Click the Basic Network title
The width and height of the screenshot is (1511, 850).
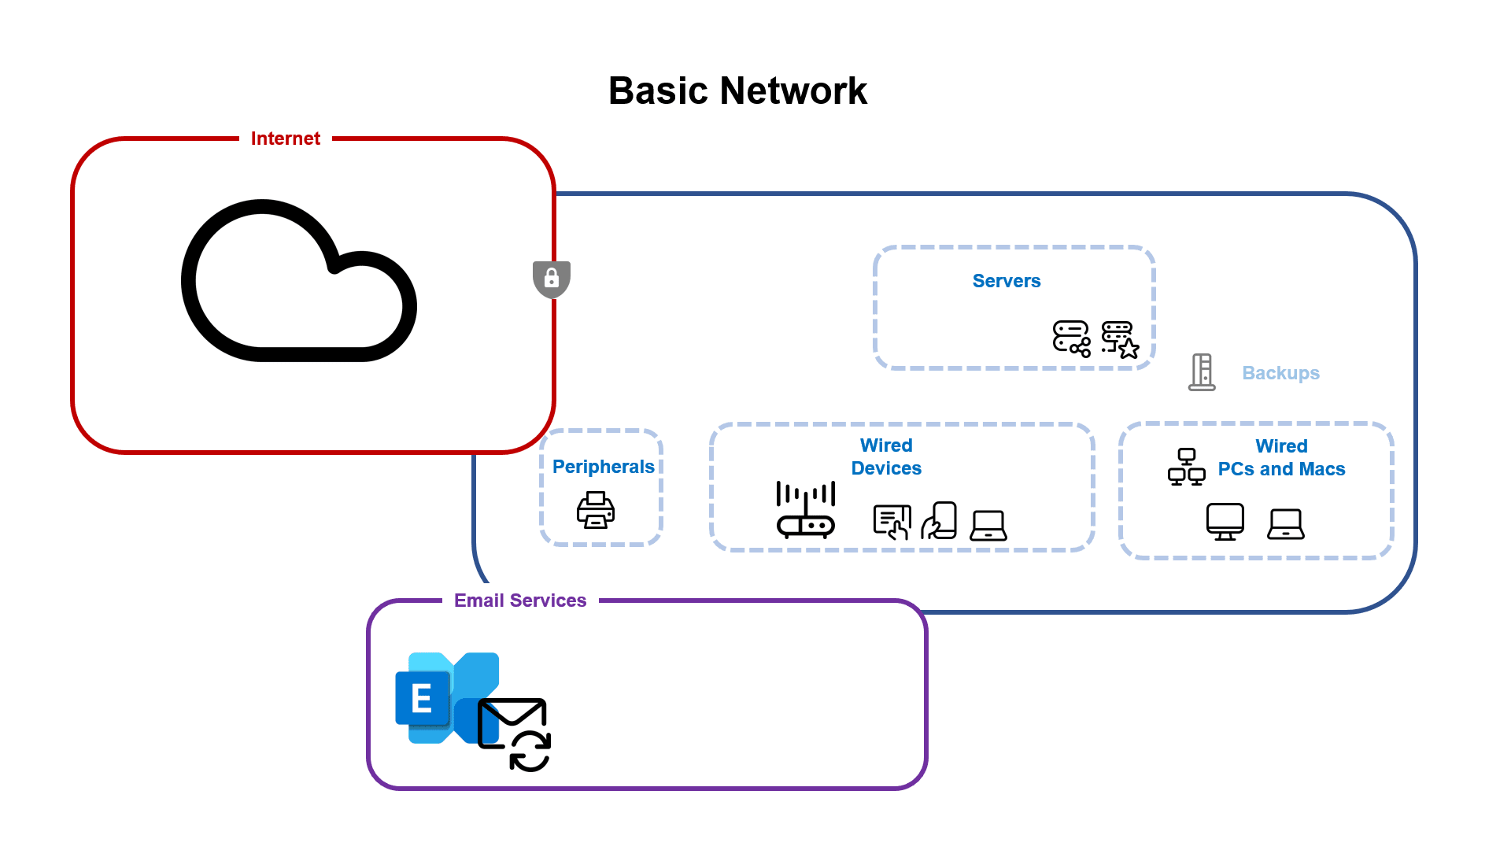point(737,91)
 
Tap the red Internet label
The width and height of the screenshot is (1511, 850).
point(285,139)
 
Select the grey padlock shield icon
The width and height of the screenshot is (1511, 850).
point(552,279)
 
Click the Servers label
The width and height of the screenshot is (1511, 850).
point(1006,281)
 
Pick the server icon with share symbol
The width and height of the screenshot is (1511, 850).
point(1071,338)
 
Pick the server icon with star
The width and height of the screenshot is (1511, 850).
point(1119,339)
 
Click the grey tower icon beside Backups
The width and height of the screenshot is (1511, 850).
point(1202,372)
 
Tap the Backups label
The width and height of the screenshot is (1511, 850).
point(1280,373)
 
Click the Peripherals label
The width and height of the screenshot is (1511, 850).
point(603,467)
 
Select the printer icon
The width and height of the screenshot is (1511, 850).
point(596,510)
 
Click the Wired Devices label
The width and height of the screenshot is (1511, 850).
point(886,457)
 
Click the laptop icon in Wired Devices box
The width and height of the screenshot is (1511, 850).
point(988,525)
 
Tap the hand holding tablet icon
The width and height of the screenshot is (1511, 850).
point(939,521)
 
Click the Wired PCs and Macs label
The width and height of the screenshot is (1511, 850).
point(1281,458)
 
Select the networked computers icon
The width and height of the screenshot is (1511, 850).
point(1186,467)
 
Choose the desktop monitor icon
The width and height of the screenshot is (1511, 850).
point(1225,522)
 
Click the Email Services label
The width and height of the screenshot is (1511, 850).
point(520,601)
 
